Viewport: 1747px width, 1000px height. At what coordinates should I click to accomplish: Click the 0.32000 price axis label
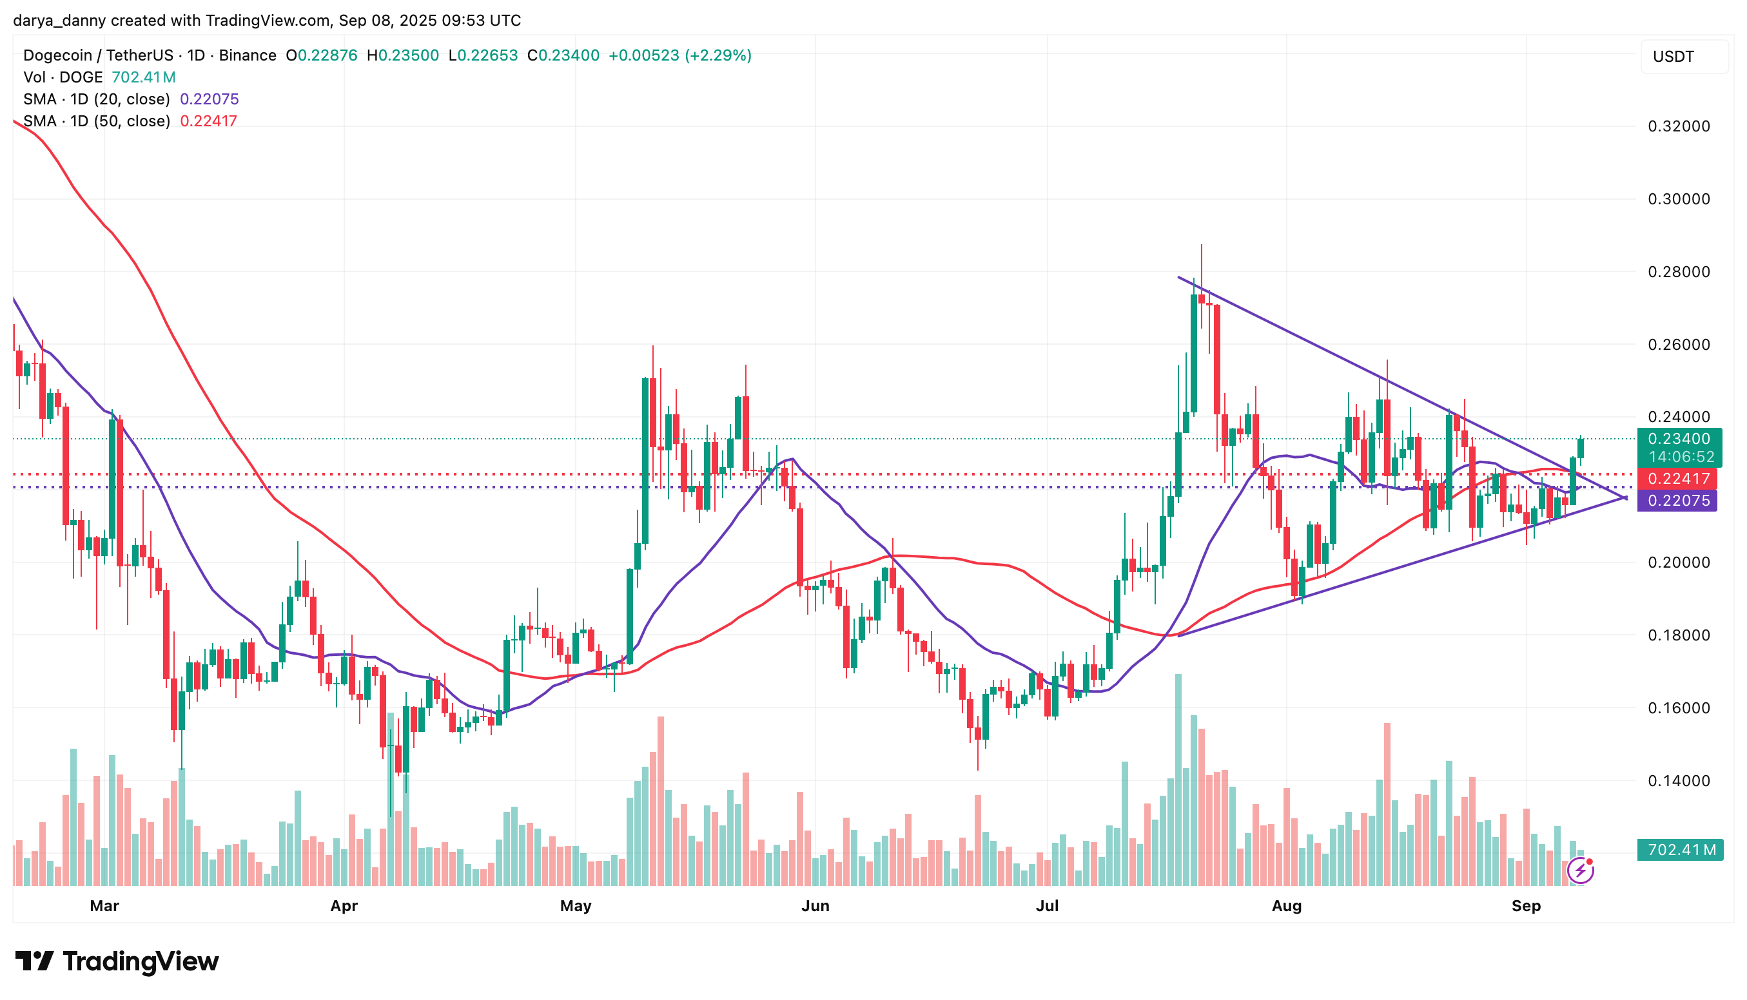(x=1678, y=126)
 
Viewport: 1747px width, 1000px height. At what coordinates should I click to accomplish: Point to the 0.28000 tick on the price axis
(x=1678, y=272)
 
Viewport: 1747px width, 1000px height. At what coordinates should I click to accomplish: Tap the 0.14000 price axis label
(x=1678, y=781)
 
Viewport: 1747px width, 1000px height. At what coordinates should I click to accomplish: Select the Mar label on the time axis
(x=104, y=906)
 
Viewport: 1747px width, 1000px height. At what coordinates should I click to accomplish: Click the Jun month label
(x=815, y=906)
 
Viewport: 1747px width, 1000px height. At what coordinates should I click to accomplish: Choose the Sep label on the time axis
(x=1526, y=906)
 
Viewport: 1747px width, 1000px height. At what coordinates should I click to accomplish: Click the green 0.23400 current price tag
(x=1678, y=439)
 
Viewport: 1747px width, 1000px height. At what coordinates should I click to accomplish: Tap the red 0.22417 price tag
(x=1678, y=479)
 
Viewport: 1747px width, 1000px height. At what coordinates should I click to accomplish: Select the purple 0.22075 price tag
(x=1678, y=501)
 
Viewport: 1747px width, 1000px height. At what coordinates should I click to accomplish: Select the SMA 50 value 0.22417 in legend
(x=208, y=121)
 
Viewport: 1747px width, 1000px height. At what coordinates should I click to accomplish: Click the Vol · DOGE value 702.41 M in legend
(x=144, y=77)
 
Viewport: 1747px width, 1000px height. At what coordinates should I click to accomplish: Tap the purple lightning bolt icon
(x=1580, y=871)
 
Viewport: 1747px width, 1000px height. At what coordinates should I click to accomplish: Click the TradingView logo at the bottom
(x=117, y=961)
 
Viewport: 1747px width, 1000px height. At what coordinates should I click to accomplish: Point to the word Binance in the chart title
(x=248, y=55)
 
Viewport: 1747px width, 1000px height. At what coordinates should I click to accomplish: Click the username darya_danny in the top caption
(x=59, y=21)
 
